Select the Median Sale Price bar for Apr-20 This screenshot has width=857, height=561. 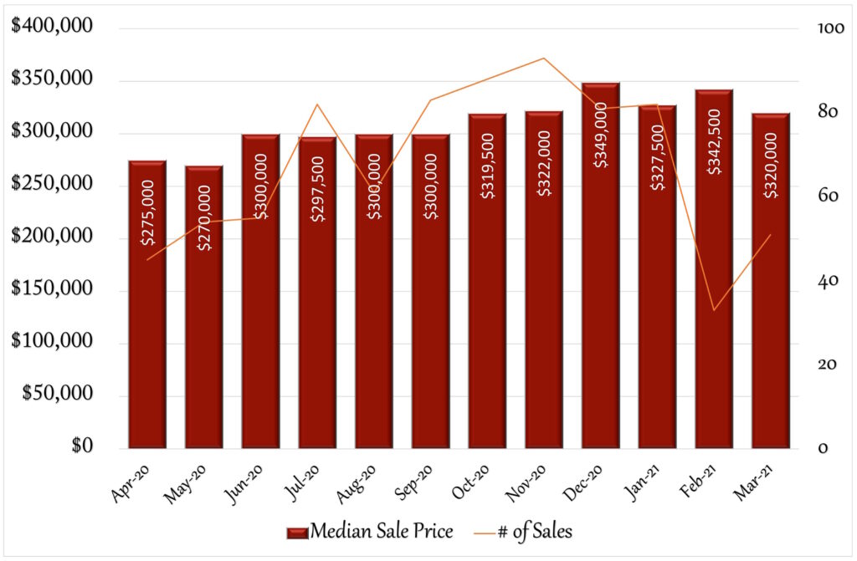pyautogui.click(x=147, y=334)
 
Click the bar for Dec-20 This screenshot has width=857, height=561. pyautogui.click(x=601, y=334)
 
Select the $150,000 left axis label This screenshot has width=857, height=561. pyautogui.click(x=52, y=291)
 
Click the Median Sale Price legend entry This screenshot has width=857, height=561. pyautogui.click(x=381, y=530)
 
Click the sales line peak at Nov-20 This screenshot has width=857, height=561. pyautogui.click(x=544, y=59)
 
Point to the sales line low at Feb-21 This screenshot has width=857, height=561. pyautogui.click(x=714, y=310)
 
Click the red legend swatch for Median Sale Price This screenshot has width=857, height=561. pyautogui.click(x=297, y=531)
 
